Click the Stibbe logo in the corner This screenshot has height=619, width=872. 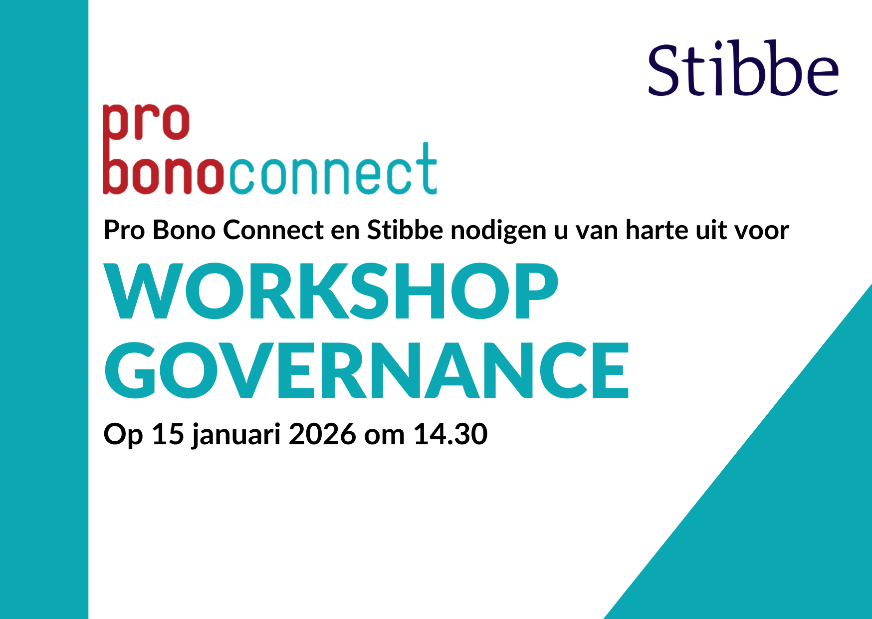click(743, 69)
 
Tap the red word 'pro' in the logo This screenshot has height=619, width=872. click(146, 122)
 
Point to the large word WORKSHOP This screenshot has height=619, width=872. click(331, 292)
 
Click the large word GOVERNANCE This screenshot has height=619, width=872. click(367, 370)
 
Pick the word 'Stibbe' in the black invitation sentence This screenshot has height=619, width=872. click(405, 230)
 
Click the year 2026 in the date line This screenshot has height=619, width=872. click(322, 434)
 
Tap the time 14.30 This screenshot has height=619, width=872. click(450, 434)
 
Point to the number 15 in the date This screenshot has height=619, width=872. click(168, 434)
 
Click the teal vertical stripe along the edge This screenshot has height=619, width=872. click(44, 309)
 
